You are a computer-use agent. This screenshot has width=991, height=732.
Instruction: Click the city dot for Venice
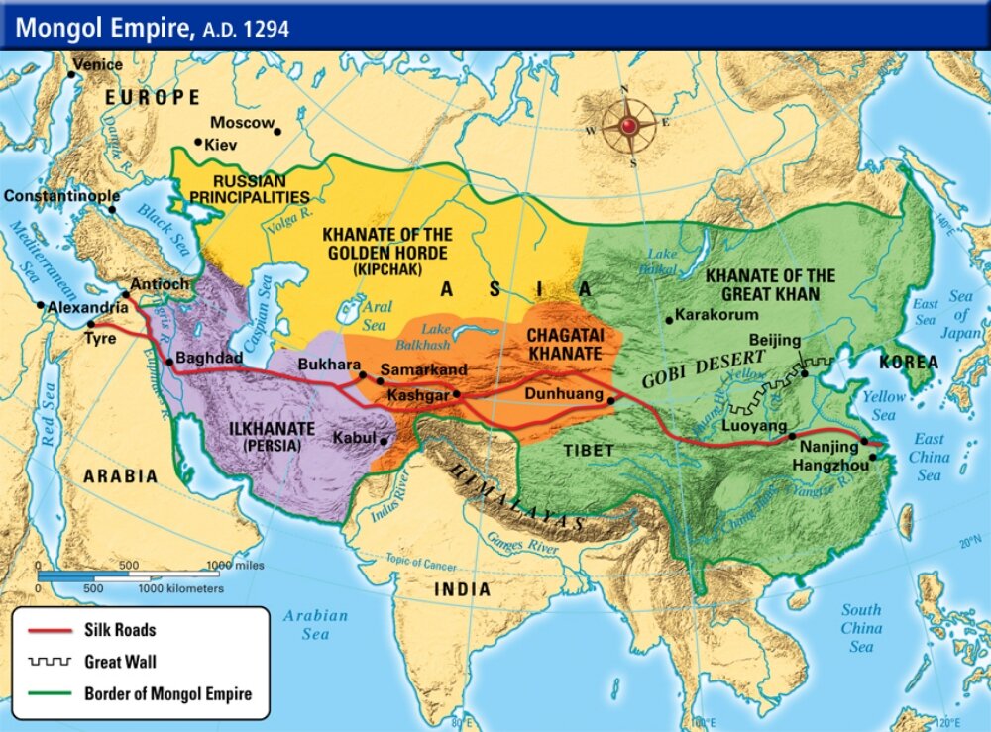pos(71,74)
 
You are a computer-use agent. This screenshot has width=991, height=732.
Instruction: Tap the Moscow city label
pos(242,123)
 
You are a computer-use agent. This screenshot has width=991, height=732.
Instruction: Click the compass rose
pos(627,126)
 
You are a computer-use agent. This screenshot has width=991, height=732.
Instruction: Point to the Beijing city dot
pos(804,373)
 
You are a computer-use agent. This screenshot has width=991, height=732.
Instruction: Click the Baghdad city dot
pos(169,362)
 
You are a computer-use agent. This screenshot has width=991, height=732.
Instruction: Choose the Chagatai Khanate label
pos(563,344)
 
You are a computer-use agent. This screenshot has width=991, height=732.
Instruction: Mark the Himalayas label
pos(510,491)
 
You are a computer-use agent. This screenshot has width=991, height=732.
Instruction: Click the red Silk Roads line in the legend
pos(50,630)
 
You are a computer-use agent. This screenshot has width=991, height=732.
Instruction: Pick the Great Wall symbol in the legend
pos(50,662)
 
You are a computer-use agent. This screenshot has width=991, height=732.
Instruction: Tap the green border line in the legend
pos(50,693)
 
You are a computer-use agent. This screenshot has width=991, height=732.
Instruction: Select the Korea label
pos(908,362)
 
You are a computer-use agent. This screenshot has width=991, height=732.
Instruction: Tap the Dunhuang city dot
pos(611,401)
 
